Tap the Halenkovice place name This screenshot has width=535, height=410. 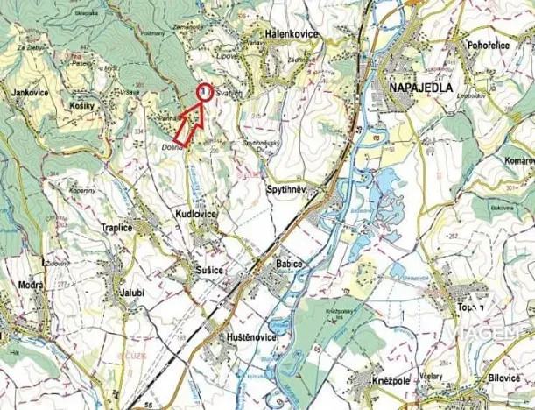click(285, 32)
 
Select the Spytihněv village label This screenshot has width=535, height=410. click(289, 188)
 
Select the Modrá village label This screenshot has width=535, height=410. click(32, 286)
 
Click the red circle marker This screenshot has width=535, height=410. click(203, 92)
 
